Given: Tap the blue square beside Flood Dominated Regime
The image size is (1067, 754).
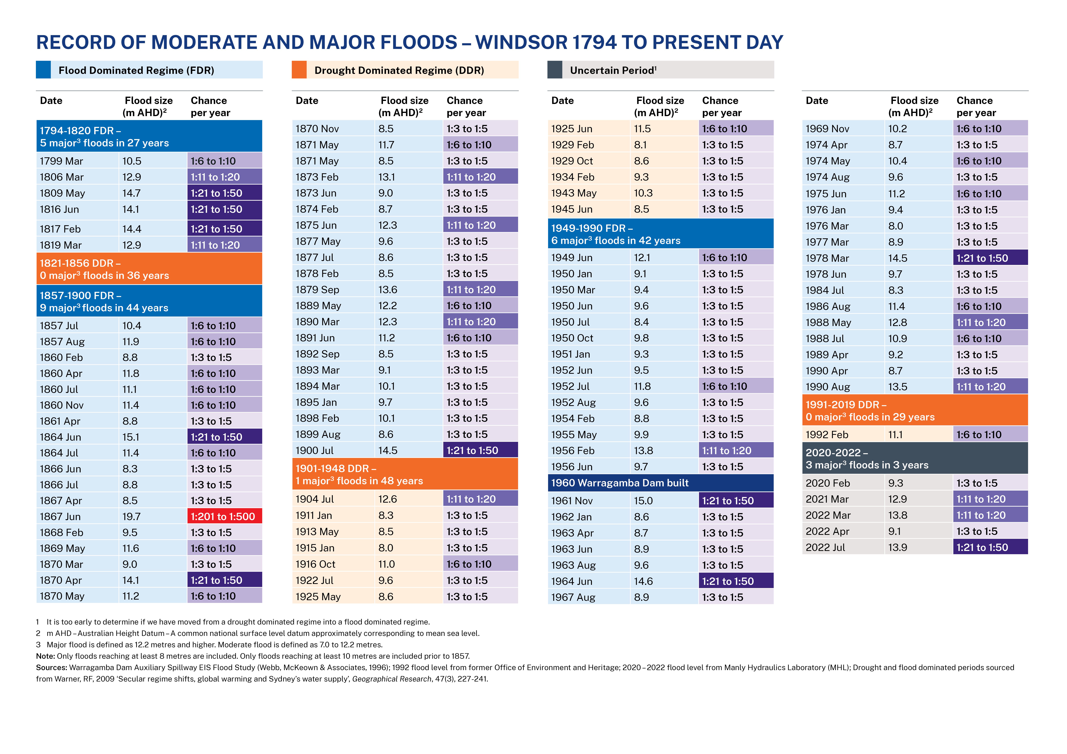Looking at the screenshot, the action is (x=43, y=70).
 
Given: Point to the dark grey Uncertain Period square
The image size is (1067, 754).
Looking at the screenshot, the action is (x=555, y=70).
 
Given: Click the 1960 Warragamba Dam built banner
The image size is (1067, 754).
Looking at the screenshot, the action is (x=660, y=483).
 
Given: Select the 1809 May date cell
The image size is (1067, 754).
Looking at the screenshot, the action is (x=77, y=193).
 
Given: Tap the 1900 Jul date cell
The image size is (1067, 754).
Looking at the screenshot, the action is (x=333, y=450).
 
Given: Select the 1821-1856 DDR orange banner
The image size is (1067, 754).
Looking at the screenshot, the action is (x=149, y=269).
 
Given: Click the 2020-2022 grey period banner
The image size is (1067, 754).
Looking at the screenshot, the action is (x=915, y=459).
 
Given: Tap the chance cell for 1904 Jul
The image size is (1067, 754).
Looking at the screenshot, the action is (x=481, y=499).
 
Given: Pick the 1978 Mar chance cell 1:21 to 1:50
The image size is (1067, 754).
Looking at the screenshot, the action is (x=990, y=258).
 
